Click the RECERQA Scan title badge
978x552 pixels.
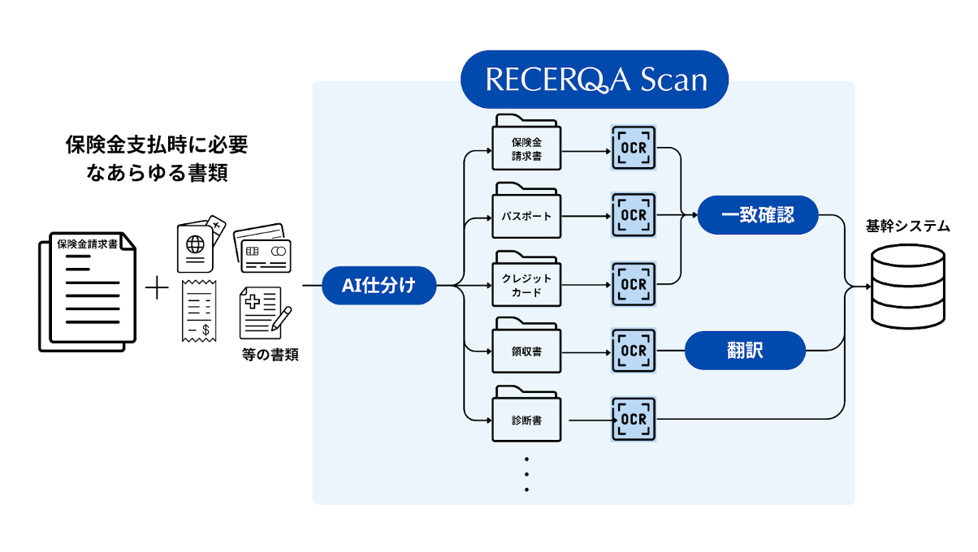point(595,80)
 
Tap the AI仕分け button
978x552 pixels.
point(380,286)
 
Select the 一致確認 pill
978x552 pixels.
point(758,215)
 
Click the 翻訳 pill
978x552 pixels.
point(745,351)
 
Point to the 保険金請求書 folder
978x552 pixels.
point(526,146)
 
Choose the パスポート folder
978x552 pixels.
point(526,214)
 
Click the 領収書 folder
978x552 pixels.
point(526,351)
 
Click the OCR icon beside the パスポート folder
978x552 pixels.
point(633,216)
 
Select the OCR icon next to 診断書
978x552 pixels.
point(633,420)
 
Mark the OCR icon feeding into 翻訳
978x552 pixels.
point(633,351)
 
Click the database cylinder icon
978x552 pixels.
point(907,286)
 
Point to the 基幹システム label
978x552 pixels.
point(907,226)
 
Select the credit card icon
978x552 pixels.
point(262,247)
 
